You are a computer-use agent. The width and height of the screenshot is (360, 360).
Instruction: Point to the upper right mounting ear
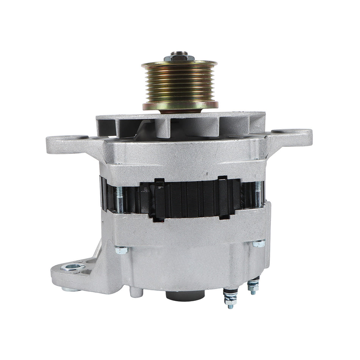(x=292, y=136)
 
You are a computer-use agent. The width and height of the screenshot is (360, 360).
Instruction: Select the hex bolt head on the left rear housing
(x=121, y=250)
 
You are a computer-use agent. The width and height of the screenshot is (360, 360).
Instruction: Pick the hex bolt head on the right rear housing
(x=259, y=244)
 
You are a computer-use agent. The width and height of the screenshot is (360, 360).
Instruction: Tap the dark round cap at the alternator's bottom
(x=183, y=296)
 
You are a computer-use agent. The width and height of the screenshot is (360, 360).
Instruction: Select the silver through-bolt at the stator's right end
(x=258, y=194)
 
